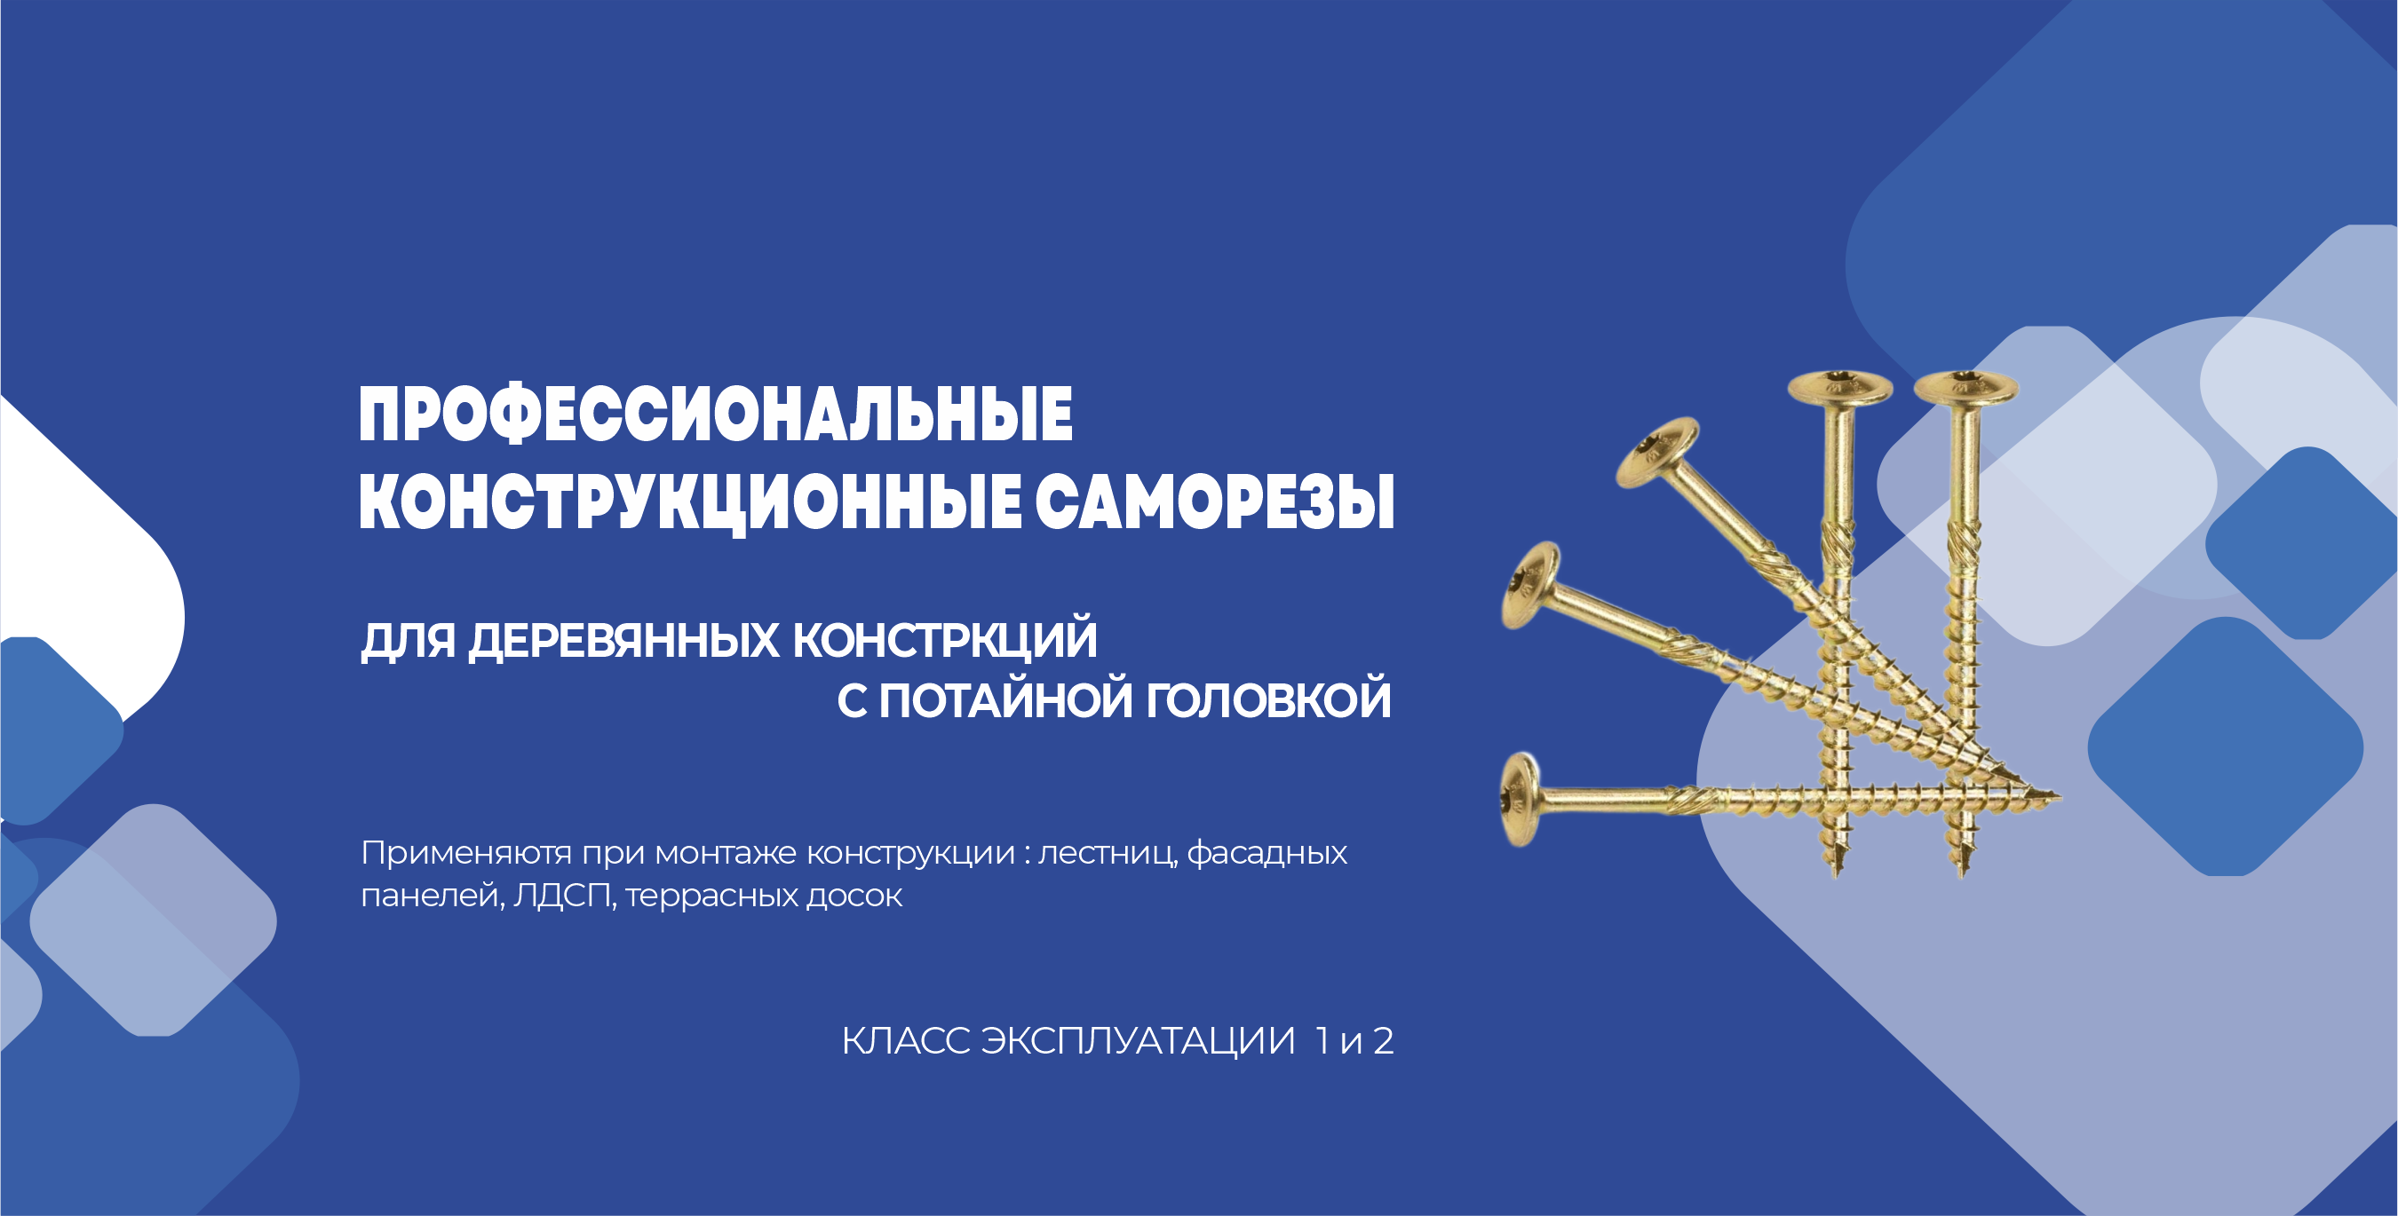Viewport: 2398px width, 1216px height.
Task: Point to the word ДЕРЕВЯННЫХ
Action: (623, 641)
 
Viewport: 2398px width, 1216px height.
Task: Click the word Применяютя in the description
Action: (466, 853)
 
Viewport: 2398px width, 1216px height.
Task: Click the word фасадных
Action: (1267, 853)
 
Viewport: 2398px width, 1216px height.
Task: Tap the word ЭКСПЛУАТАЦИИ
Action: (1138, 1041)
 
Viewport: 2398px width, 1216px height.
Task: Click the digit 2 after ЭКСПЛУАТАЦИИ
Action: (1384, 1041)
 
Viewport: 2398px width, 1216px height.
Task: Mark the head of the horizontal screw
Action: (1520, 799)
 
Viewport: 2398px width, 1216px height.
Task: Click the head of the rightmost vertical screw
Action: (1966, 387)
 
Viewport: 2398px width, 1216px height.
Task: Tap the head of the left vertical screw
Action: (1839, 387)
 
